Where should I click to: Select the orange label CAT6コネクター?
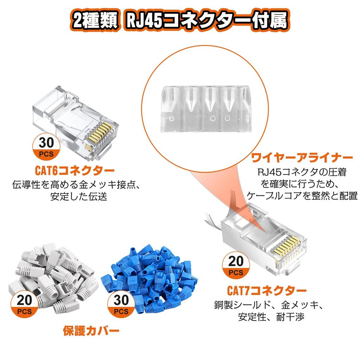(x=75, y=171)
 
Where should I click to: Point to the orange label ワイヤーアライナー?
(x=301, y=158)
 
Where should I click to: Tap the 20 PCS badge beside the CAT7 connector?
(x=235, y=265)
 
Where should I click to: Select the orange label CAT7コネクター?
(x=267, y=291)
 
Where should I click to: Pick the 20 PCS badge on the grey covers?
(x=24, y=304)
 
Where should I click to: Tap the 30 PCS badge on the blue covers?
(x=121, y=304)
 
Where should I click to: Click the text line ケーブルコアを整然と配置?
(x=301, y=196)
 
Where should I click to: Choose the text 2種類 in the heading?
(x=92, y=21)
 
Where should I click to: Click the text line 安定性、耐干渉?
(x=266, y=317)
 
